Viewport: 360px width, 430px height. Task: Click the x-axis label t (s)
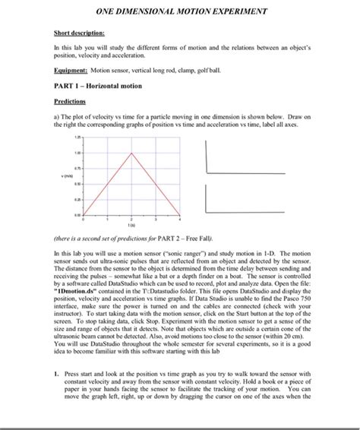tap(134, 225)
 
